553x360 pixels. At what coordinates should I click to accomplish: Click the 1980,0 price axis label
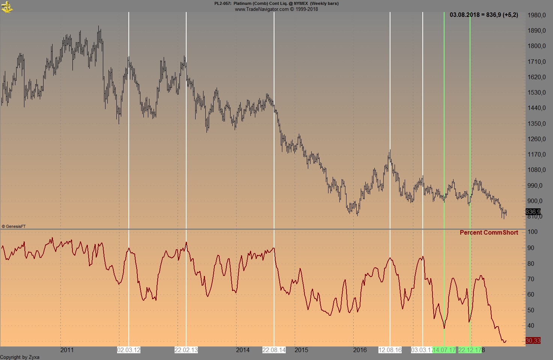click(536, 15)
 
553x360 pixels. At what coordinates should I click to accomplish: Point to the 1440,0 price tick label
click(536, 108)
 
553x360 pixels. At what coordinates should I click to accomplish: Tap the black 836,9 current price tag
click(533, 212)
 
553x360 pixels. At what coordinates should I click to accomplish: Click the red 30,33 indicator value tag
click(533, 340)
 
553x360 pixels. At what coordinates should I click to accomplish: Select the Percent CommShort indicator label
click(489, 232)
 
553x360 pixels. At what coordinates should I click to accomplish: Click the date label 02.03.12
click(129, 350)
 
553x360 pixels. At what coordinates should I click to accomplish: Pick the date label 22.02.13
click(186, 350)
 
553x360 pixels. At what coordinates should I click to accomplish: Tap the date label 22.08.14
click(274, 350)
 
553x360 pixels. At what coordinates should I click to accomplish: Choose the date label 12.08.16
click(390, 350)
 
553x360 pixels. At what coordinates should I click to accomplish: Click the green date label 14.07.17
click(444, 350)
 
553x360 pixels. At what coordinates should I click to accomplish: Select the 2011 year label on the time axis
click(67, 350)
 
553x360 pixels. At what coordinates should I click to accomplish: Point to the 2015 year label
click(301, 350)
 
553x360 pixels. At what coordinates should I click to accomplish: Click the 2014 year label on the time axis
click(243, 350)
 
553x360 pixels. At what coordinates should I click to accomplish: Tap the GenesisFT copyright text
click(14, 226)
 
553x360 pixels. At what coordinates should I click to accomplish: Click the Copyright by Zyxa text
click(20, 357)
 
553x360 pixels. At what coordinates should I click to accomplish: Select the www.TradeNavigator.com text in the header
click(262, 9)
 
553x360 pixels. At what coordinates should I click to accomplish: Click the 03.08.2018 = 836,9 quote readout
click(484, 15)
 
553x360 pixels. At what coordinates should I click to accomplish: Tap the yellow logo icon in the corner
click(7, 7)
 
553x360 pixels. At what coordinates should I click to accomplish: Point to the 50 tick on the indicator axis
click(531, 310)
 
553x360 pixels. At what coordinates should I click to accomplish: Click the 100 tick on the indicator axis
click(532, 232)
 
